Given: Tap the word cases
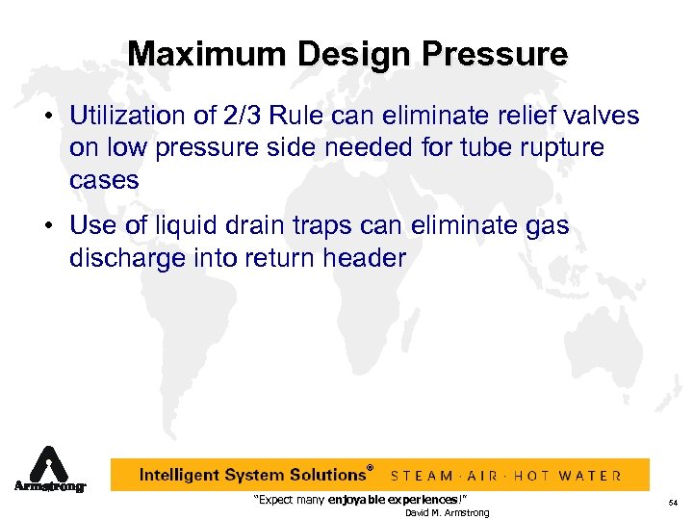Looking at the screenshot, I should click(x=104, y=180).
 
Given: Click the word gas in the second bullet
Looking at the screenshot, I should click(x=548, y=226).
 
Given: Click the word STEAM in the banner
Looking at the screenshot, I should click(x=421, y=476).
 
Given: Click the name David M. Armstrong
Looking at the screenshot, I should click(x=447, y=512).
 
